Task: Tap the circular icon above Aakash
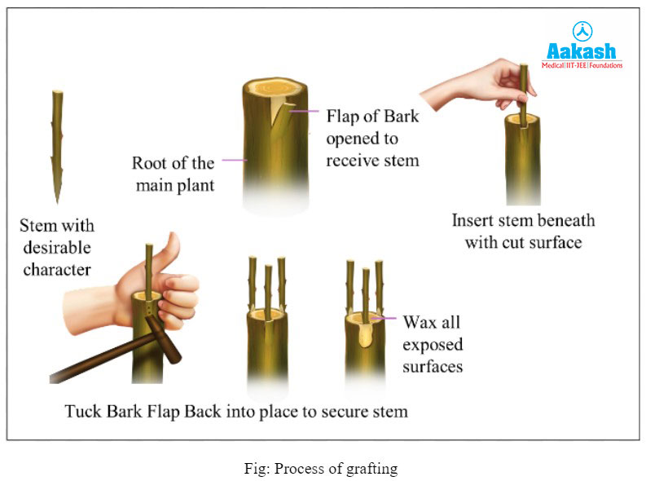(x=582, y=31)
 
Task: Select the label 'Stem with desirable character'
(x=57, y=247)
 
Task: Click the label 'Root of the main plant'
(x=173, y=173)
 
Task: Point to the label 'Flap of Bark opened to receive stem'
(x=372, y=138)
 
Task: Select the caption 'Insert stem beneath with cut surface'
(x=524, y=232)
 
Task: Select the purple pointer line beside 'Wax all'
(x=388, y=320)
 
